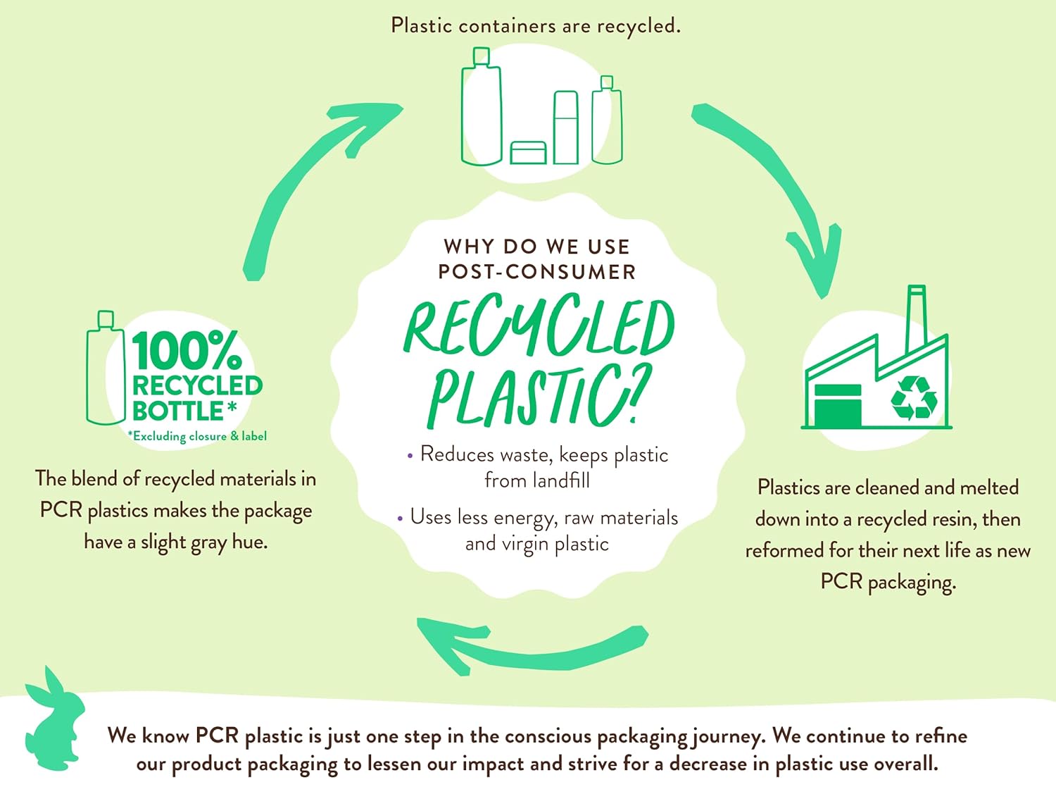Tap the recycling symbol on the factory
tap(914, 397)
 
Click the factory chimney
tap(916, 317)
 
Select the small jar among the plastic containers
tap(528, 152)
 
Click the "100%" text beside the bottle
tap(187, 351)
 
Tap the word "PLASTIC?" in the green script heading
tap(539, 396)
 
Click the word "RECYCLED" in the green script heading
tap(539, 325)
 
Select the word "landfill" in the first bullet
tap(561, 480)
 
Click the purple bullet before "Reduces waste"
tap(410, 456)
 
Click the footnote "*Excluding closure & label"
tap(197, 436)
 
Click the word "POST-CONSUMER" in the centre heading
tap(536, 272)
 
